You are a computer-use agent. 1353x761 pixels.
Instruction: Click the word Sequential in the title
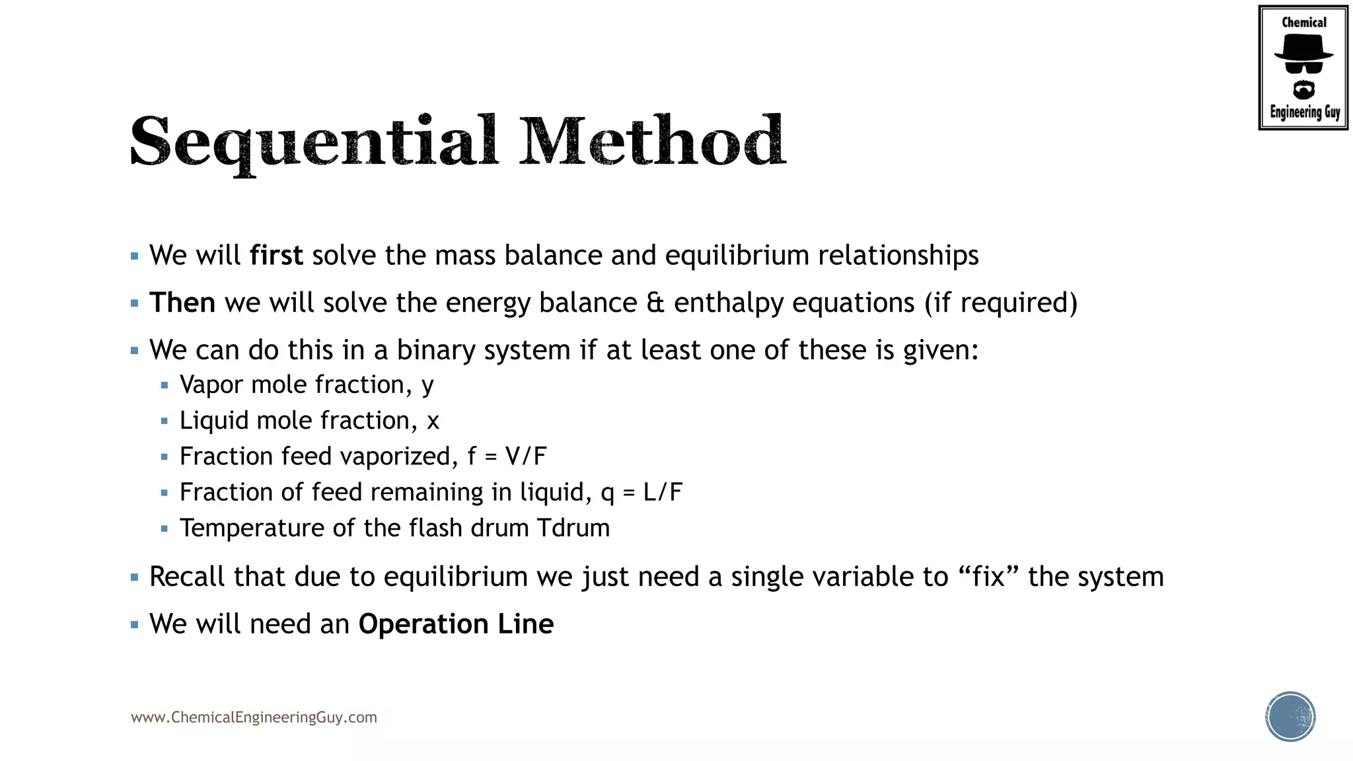pyautogui.click(x=314, y=141)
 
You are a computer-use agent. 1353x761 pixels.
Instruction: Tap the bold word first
pyautogui.click(x=276, y=255)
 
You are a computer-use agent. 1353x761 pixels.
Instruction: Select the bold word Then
pyautogui.click(x=182, y=303)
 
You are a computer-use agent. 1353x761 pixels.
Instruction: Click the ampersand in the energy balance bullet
pyautogui.click(x=655, y=303)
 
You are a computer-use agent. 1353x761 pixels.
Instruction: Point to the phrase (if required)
pyautogui.click(x=1001, y=303)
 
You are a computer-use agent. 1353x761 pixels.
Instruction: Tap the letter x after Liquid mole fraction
pyautogui.click(x=433, y=421)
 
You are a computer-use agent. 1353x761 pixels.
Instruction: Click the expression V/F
pyautogui.click(x=526, y=456)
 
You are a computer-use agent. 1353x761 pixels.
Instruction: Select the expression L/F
pyautogui.click(x=663, y=492)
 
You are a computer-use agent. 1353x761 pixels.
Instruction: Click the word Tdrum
pyautogui.click(x=573, y=528)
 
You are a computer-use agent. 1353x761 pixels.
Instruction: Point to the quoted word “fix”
pyautogui.click(x=988, y=576)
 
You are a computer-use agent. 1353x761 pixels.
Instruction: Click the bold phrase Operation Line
pyautogui.click(x=456, y=624)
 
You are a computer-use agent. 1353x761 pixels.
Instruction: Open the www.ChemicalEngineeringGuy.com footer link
pyautogui.click(x=254, y=717)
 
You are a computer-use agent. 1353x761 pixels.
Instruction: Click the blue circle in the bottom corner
pyautogui.click(x=1290, y=717)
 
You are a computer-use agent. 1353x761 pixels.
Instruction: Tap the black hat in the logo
pyautogui.click(x=1303, y=48)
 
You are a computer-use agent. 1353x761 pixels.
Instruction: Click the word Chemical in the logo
pyautogui.click(x=1303, y=22)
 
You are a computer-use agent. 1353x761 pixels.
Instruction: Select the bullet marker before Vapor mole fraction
pyautogui.click(x=165, y=385)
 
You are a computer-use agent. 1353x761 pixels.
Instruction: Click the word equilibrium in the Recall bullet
pyautogui.click(x=456, y=577)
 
